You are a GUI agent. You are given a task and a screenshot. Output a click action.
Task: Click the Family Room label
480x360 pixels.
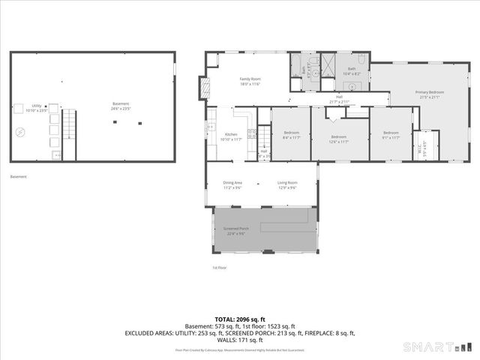tap(250, 81)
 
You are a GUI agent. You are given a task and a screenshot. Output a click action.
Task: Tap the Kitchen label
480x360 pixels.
tap(230, 136)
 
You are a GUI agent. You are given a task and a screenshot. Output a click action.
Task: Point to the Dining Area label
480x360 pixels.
tap(232, 184)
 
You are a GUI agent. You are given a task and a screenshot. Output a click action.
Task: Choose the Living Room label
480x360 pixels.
tap(287, 184)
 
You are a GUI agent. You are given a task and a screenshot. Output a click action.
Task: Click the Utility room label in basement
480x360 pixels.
tap(36, 108)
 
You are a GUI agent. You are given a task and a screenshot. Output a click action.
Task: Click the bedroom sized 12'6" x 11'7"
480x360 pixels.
tap(339, 139)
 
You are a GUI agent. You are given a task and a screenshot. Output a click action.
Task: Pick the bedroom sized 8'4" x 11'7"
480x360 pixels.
tap(291, 134)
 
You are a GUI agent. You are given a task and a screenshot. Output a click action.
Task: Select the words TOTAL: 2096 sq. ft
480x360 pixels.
tap(240, 319)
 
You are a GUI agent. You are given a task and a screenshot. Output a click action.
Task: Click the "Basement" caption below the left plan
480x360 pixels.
tap(19, 177)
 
